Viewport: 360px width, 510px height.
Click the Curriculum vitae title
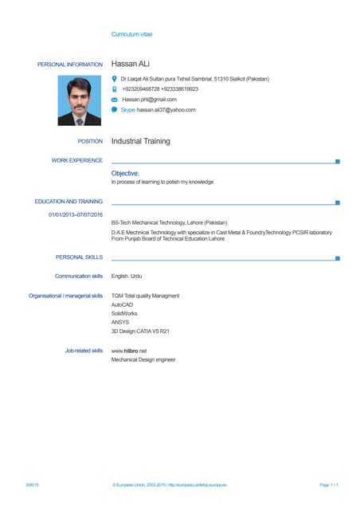tap(131, 35)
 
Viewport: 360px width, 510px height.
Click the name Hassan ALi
tap(131, 64)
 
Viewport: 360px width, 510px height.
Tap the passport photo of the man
tap(80, 100)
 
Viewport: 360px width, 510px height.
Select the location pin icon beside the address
tap(115, 79)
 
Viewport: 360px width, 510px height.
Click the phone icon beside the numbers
tap(115, 89)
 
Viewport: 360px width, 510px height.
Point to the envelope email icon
tap(115, 100)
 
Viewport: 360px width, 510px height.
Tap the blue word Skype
tap(127, 110)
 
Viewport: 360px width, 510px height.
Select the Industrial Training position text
tap(140, 141)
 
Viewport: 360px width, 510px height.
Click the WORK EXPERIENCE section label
tap(76, 161)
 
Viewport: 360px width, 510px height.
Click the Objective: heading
tap(125, 173)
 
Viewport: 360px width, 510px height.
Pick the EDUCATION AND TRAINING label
tap(68, 202)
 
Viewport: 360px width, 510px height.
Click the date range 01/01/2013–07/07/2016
tap(76, 214)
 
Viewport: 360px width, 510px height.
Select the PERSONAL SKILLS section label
tap(79, 257)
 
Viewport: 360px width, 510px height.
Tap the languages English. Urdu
tap(127, 276)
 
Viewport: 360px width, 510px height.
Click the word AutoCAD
tap(123, 305)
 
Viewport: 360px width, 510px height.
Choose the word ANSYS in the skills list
tap(120, 322)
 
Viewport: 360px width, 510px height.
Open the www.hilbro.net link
tap(129, 351)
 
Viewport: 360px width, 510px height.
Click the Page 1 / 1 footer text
tap(329, 485)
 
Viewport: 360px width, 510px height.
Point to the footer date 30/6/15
tap(33, 485)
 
